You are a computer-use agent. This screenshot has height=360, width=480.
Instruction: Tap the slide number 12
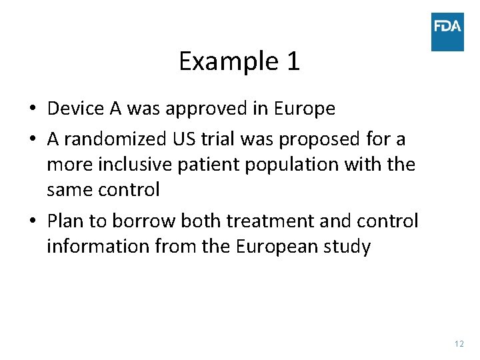tap(459, 344)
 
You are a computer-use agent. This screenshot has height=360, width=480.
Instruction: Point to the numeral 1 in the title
tap(293, 62)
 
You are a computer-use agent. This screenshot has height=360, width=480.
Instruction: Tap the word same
tap(69, 190)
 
